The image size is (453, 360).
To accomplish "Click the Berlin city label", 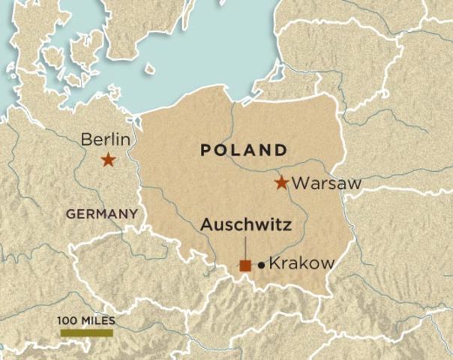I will [x=105, y=139].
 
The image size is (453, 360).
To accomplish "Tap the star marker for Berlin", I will [x=108, y=159].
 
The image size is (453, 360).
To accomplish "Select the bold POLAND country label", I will [x=243, y=150].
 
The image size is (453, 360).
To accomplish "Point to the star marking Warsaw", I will [x=281, y=182].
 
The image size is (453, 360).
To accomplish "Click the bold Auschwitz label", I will [x=246, y=224].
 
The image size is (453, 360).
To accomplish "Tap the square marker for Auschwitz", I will [x=245, y=264].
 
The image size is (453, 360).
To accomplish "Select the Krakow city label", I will [x=301, y=264].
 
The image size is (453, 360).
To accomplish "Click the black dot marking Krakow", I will [x=261, y=264].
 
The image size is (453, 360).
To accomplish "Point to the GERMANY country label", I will [x=101, y=214].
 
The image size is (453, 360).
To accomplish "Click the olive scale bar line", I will [x=86, y=332].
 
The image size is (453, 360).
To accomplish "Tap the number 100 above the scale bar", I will [x=68, y=320].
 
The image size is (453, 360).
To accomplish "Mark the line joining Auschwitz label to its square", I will [x=245, y=246].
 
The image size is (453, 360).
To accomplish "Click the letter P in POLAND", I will [x=205, y=150].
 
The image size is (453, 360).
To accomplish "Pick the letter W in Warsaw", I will [x=298, y=183].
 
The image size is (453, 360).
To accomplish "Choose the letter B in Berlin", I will [x=85, y=139].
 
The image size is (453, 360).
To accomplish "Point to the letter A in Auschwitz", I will [x=207, y=224].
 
